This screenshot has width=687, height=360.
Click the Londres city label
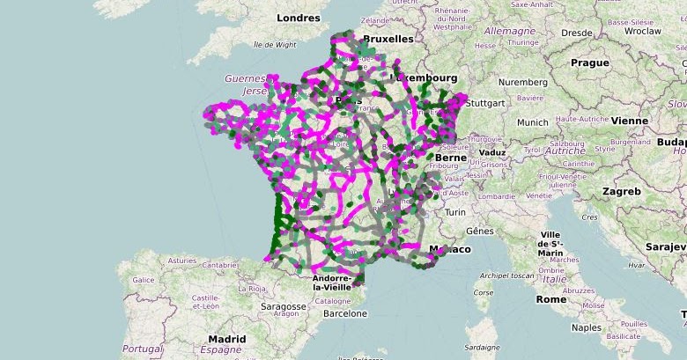coord(298,18)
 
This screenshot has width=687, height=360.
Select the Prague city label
coord(589,62)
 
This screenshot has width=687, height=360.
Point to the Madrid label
coord(227,339)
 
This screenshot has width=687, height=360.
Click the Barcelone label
coord(344,312)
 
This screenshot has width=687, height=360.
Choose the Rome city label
coord(551,299)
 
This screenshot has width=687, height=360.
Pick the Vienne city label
coord(630,121)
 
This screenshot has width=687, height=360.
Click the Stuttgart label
coord(484,103)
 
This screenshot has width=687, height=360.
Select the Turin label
coord(454,212)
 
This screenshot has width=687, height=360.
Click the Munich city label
coord(533,122)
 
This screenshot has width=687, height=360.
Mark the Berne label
coord(449,158)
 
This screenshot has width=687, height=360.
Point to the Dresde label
coord(577,33)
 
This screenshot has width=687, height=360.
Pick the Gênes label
coord(480,231)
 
